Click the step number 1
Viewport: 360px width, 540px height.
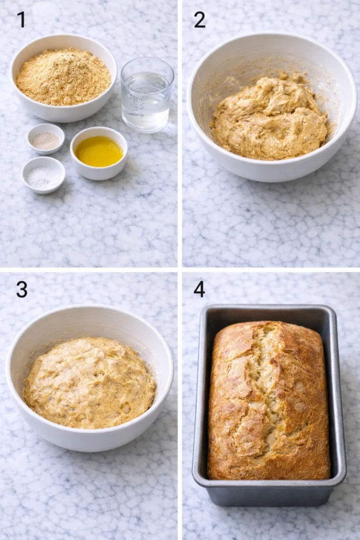click(21, 20)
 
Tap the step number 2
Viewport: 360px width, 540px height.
click(199, 20)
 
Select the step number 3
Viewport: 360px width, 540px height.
click(22, 289)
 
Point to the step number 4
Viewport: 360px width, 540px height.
click(199, 289)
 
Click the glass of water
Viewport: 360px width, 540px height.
click(147, 100)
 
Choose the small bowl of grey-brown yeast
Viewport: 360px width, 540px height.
click(46, 140)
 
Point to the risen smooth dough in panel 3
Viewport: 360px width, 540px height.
click(90, 382)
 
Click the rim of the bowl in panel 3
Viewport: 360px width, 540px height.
click(90, 307)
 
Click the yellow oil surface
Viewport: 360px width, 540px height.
click(99, 151)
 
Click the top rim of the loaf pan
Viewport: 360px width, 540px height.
click(269, 307)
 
